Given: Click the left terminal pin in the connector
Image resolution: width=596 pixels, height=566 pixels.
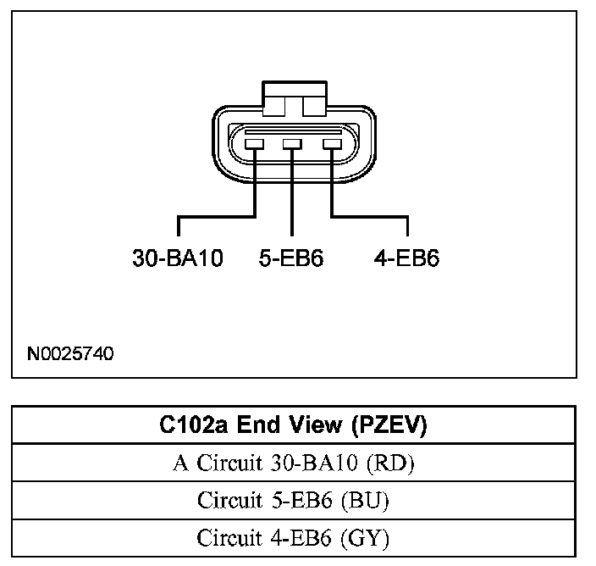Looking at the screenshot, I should pos(255,144).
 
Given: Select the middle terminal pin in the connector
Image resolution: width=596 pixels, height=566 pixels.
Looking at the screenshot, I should pos(292,144).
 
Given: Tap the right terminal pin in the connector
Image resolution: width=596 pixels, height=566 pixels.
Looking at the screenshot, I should pos(330,144).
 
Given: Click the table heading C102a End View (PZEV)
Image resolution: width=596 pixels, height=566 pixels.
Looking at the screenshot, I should pos(293,425).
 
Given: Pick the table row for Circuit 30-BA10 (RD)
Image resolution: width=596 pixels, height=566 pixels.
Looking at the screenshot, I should pos(293,463).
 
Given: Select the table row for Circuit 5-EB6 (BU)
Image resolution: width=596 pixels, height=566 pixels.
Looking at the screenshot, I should pos(293,500).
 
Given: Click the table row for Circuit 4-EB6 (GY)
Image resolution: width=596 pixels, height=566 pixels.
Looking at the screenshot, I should pos(293,537).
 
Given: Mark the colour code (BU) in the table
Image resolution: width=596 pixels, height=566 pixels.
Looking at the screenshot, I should pos(369,500).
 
